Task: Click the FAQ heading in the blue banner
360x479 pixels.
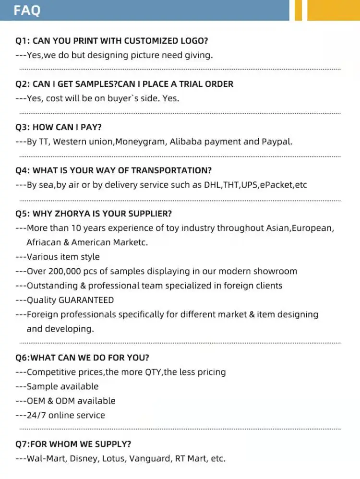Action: (27, 10)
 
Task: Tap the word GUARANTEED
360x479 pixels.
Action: (86, 300)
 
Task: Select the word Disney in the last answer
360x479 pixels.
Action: (84, 458)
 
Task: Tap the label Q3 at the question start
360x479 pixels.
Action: (22, 127)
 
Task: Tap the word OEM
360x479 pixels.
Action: (36, 401)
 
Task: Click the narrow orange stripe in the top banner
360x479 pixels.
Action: (299, 10)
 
